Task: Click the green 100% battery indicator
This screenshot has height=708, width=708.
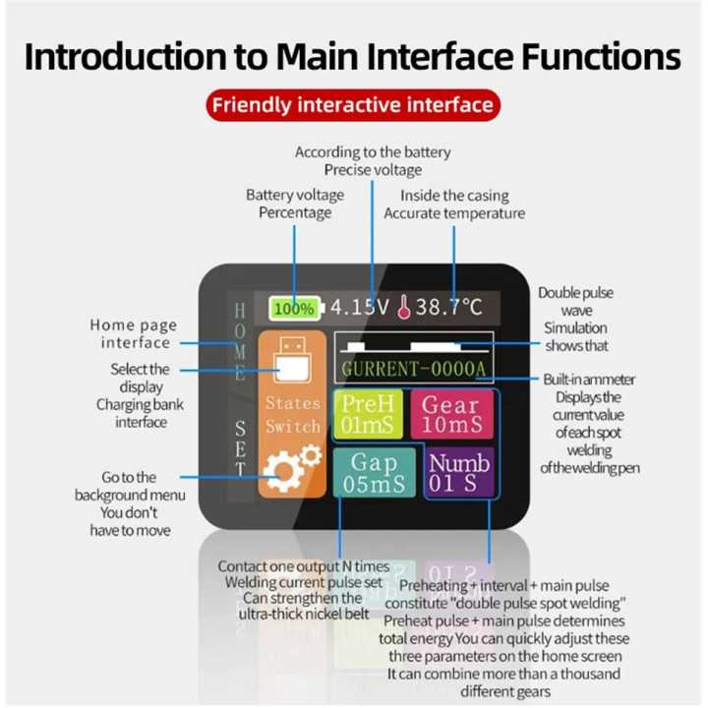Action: click(294, 308)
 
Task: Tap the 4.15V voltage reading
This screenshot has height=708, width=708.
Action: click(359, 307)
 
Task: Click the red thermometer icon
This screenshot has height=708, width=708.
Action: click(403, 308)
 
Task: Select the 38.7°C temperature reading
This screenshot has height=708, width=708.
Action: click(448, 307)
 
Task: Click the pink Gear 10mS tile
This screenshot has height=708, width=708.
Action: click(451, 415)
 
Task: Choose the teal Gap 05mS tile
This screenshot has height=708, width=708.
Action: click(374, 473)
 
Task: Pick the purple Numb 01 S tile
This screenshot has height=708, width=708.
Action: click(459, 473)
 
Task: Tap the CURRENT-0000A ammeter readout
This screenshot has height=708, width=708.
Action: click(414, 369)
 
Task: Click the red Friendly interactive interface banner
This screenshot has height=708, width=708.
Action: click(354, 104)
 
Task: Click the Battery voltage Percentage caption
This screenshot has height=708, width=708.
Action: click(294, 204)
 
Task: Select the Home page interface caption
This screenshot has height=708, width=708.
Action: click(135, 333)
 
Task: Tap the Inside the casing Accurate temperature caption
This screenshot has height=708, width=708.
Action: click(453, 204)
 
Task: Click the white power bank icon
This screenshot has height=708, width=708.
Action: click(292, 362)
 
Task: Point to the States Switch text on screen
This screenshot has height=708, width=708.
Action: click(293, 415)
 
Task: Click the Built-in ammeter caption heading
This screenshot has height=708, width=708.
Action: click(589, 380)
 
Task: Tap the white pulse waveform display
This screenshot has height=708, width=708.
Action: click(414, 345)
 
